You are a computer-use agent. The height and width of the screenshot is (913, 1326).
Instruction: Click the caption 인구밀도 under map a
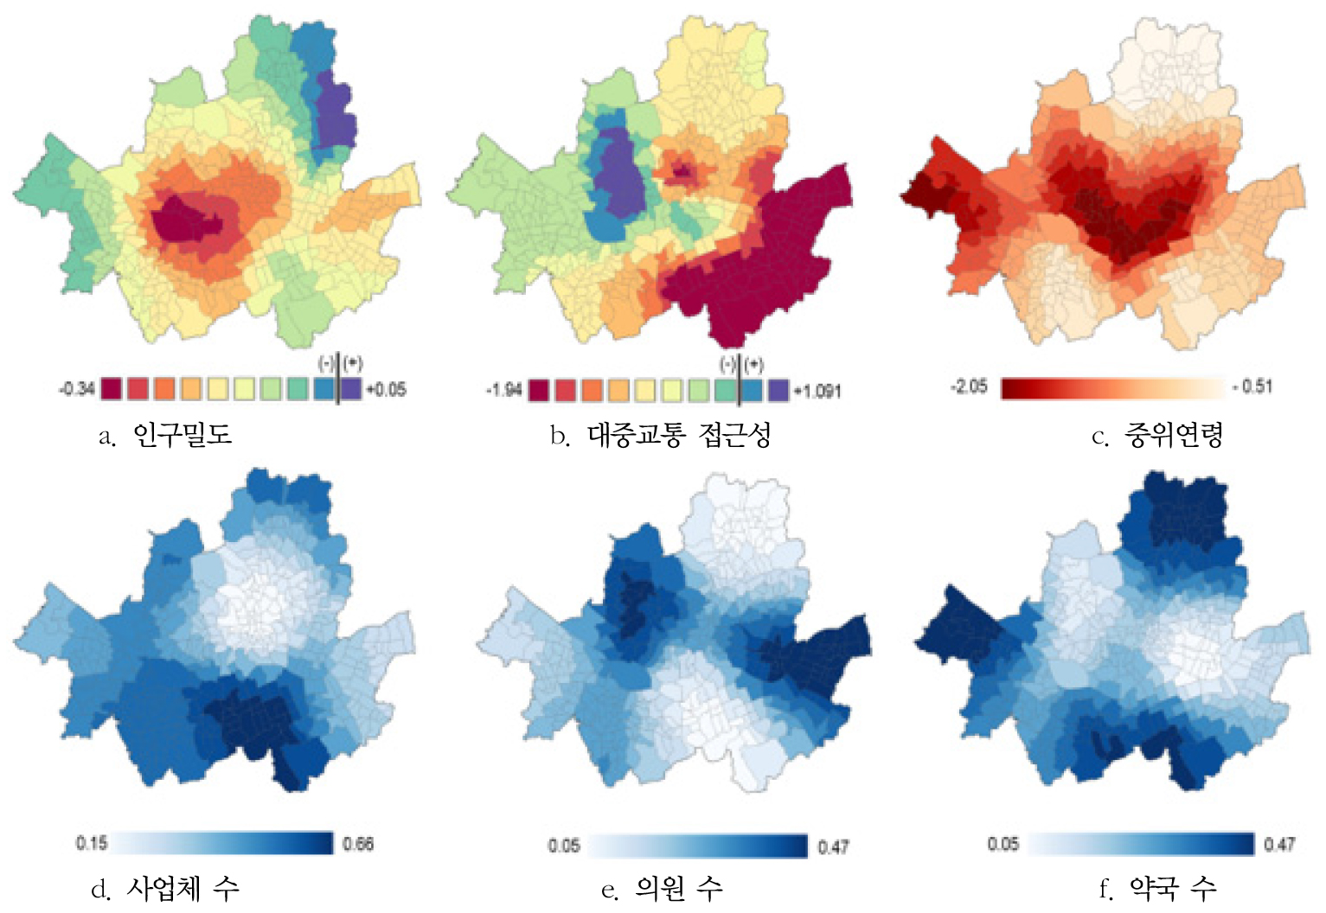(x=182, y=434)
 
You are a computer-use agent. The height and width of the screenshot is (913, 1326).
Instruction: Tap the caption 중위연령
(x=1173, y=435)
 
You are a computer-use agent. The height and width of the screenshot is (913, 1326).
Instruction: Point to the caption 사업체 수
(x=182, y=888)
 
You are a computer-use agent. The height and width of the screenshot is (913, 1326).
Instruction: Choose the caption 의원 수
(x=678, y=888)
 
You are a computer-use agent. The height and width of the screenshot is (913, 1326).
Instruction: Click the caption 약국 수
(x=1173, y=888)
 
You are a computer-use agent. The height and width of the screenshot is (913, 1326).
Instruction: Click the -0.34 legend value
(x=76, y=389)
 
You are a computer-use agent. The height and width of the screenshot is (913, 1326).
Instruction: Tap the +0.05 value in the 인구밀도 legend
(x=386, y=389)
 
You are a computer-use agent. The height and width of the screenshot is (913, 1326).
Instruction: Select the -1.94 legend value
(x=503, y=391)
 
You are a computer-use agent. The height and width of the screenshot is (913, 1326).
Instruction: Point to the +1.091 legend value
(x=817, y=391)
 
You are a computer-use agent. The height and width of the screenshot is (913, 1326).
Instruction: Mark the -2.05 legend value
(x=969, y=386)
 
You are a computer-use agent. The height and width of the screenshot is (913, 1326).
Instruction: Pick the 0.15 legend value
(x=92, y=843)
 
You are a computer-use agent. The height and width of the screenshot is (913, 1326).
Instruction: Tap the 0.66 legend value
(x=358, y=844)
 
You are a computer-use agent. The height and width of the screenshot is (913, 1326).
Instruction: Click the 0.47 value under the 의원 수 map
(x=833, y=846)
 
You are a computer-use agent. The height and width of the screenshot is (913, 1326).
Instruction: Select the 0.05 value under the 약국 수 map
(x=1003, y=843)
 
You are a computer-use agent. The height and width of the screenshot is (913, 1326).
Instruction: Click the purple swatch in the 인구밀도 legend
(x=351, y=389)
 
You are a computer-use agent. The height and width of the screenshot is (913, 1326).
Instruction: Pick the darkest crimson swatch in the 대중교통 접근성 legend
(x=539, y=391)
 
